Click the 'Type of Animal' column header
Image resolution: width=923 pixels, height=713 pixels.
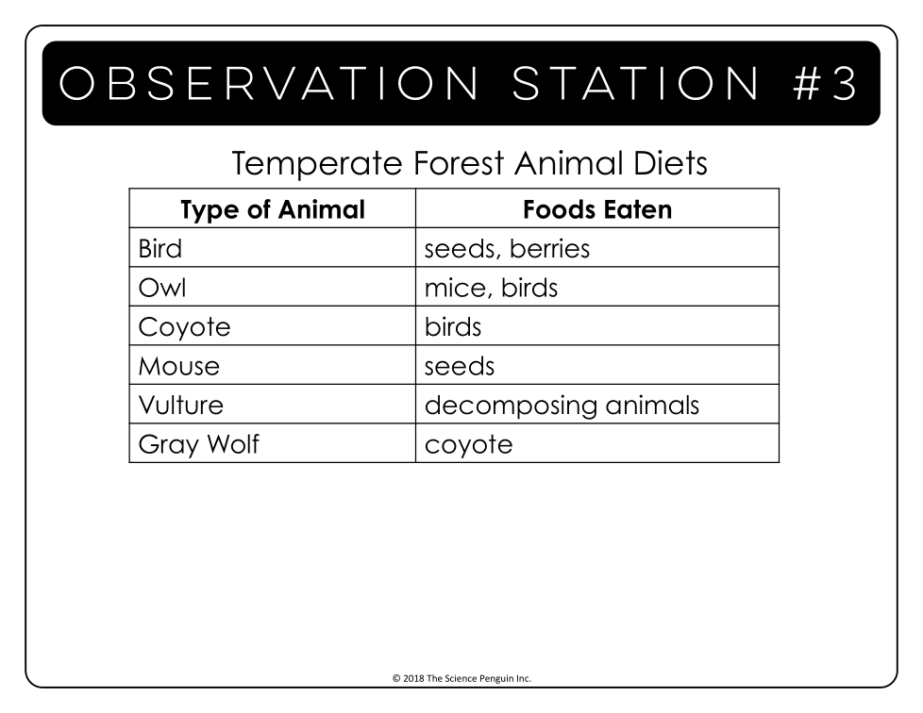pos(273,210)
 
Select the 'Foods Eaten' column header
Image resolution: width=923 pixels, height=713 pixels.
pos(597,210)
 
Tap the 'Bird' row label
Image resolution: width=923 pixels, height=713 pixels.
pos(160,248)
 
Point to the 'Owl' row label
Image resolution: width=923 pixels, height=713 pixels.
pos(162,288)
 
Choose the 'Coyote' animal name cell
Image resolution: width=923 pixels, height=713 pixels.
pos(184,327)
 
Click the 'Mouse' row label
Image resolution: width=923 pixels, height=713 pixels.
pos(179,366)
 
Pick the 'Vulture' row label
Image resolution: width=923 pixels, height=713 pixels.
pos(181,405)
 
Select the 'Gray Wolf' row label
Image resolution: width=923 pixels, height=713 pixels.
pos(199,445)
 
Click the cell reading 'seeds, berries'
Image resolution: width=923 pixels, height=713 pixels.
pos(507,249)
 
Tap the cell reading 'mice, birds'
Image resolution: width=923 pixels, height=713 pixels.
pos(491,288)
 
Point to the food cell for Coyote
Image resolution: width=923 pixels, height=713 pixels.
pos(453,327)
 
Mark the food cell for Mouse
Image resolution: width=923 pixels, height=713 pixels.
pos(460,366)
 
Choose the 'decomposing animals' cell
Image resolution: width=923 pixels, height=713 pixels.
pos(562,406)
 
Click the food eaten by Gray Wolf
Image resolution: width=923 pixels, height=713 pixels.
pos(468,445)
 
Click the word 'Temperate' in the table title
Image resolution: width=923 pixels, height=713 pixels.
pos(317,164)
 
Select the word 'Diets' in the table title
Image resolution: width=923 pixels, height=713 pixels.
pos(670,163)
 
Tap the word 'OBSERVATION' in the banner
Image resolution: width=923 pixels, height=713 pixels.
pos(268,83)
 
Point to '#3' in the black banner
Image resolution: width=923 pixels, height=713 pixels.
pos(824,83)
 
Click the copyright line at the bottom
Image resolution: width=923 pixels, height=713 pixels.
pos(461,678)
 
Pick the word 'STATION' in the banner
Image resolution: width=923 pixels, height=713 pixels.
pos(636,83)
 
